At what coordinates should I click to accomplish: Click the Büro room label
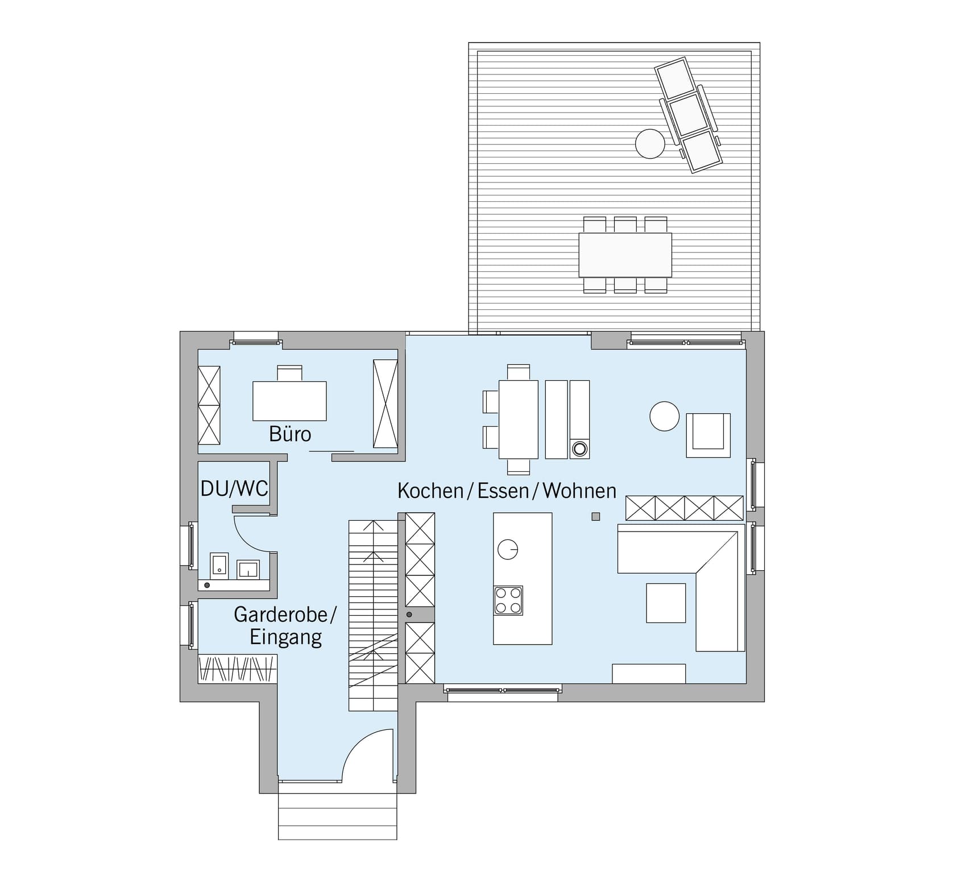290,434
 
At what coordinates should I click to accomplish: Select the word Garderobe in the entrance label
281,614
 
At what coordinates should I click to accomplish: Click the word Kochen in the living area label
430,491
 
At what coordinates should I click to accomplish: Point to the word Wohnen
579,491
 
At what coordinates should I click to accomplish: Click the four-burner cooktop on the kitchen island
508,600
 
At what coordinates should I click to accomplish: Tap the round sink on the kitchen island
508,549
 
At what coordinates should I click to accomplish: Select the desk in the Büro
289,401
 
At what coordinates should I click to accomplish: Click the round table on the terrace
650,143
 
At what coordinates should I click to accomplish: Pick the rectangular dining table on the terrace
625,255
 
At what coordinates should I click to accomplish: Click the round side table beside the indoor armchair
665,416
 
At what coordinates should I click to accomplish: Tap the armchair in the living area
708,435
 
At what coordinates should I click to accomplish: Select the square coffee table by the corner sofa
666,603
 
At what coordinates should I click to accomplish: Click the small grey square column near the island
596,517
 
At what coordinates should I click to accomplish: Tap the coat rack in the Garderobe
238,669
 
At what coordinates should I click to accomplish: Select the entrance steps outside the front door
338,816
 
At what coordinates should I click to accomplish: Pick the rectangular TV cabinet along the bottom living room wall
649,674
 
